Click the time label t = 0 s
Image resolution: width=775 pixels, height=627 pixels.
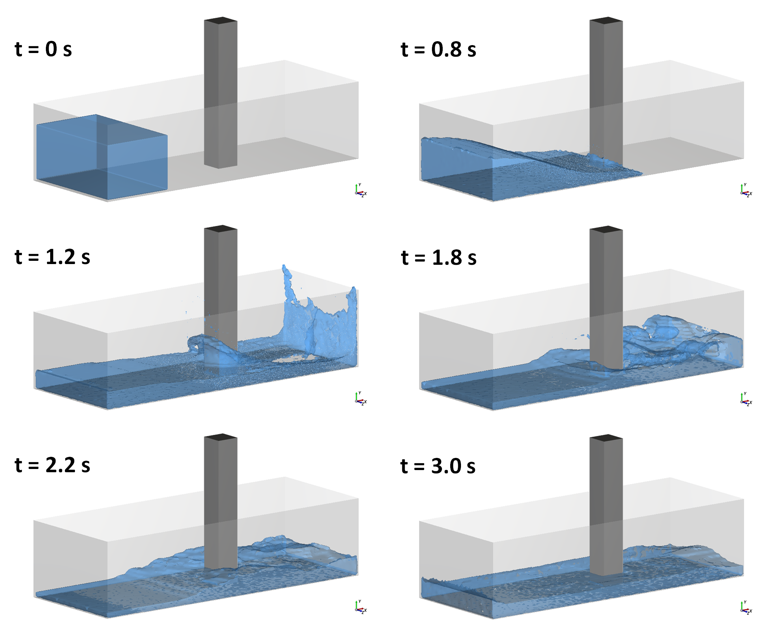point(43,49)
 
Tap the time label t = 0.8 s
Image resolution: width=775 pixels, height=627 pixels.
point(438,49)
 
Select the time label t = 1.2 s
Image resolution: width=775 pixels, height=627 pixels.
point(52,257)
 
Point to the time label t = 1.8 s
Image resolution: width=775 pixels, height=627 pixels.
point(439,258)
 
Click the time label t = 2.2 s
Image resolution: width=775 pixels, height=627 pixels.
point(52,465)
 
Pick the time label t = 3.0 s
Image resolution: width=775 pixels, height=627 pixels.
point(438,466)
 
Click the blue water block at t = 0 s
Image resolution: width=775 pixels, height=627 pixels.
point(101,157)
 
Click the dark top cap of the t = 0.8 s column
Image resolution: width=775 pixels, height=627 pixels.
point(606,20)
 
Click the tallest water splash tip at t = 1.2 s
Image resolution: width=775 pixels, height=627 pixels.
point(284,268)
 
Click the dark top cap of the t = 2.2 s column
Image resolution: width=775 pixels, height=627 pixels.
point(221,437)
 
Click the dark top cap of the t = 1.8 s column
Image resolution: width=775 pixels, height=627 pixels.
point(606,229)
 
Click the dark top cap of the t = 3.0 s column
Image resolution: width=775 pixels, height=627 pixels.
point(606,437)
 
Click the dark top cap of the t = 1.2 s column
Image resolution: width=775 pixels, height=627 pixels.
point(221,228)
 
